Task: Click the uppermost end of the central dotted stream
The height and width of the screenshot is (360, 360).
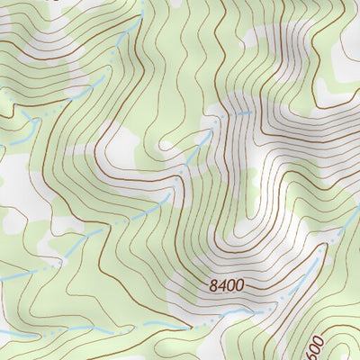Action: point(250,112)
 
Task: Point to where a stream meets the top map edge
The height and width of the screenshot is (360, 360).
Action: point(141,3)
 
